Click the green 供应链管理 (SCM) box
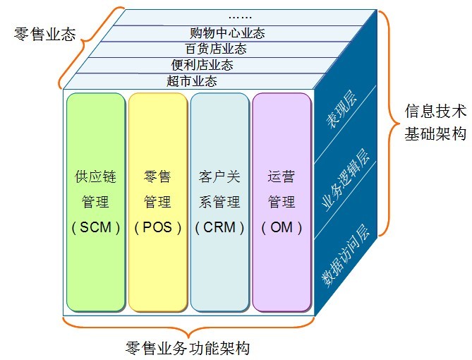pyautogui.click(x=95, y=202)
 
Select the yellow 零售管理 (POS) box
pyautogui.click(x=157, y=202)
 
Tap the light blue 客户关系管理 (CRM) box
pyautogui.click(x=219, y=202)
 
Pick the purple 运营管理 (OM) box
pyautogui.click(x=281, y=202)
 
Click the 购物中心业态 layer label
pyautogui.click(x=228, y=33)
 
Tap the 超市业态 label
pyautogui.click(x=192, y=81)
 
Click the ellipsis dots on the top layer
pyautogui.click(x=241, y=16)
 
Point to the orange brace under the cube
pyautogui.click(x=188, y=327)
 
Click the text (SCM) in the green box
pyautogui.click(x=95, y=227)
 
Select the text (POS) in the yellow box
pyautogui.click(x=157, y=227)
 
